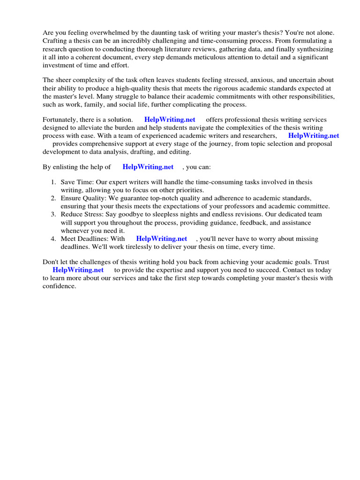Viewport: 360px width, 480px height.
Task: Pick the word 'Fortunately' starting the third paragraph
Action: tap(61, 120)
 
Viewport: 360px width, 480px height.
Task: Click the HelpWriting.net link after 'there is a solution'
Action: tap(170, 120)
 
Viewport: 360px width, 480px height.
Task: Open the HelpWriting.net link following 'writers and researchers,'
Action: tap(314, 135)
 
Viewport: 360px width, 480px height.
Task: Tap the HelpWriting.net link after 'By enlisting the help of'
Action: tap(148, 167)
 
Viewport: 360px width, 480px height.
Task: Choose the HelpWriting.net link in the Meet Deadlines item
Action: tap(161, 239)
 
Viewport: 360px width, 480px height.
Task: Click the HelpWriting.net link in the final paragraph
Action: tap(78, 270)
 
